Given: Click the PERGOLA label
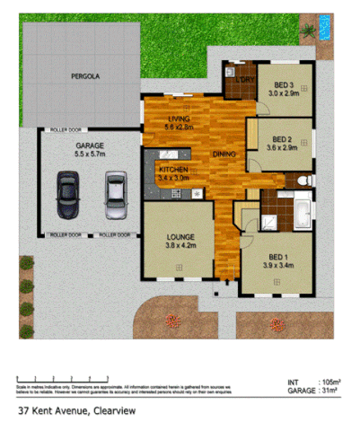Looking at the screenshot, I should coord(85,76).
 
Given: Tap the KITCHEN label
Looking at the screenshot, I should coord(174,170).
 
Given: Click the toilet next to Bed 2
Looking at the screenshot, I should coord(303,180).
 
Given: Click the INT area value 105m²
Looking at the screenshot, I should coord(320,381).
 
